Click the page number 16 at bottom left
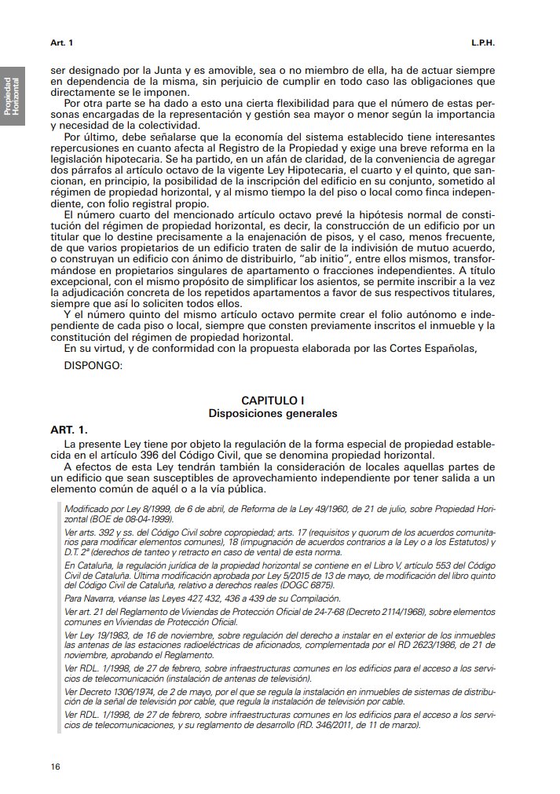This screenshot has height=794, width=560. (55, 766)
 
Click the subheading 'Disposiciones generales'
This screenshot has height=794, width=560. (273, 412)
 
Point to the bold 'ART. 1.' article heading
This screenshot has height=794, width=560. (69, 430)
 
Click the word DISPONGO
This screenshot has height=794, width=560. (93, 364)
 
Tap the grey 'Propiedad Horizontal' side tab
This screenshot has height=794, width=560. (13, 95)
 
